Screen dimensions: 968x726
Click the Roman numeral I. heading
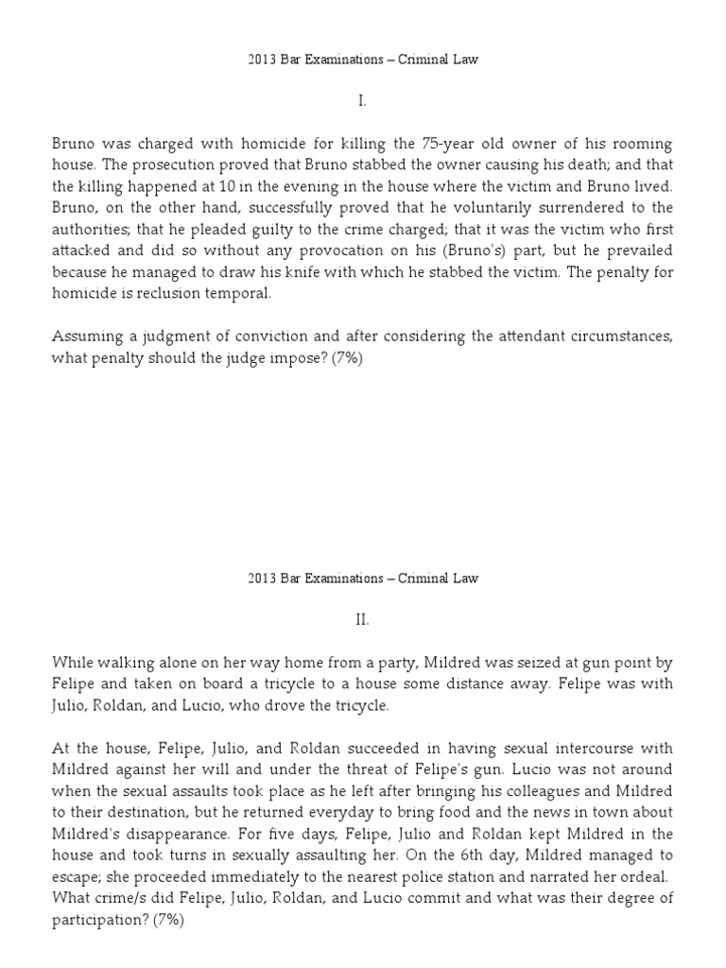(362, 101)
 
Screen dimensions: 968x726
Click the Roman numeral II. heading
(362, 619)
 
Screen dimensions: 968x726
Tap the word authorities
(94, 228)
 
